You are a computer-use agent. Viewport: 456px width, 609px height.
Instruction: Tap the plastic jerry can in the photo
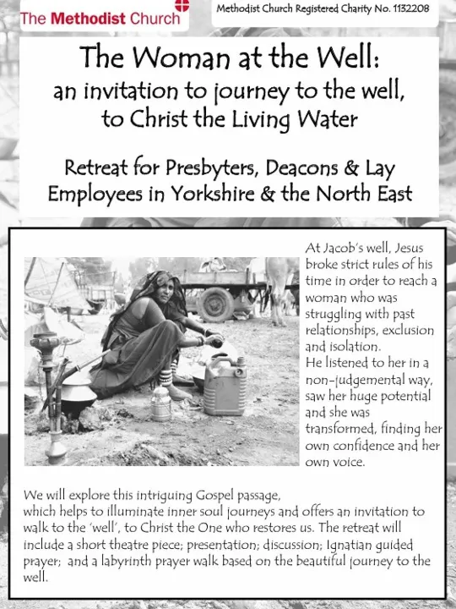(x=225, y=385)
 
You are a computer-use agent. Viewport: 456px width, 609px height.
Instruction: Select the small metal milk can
(x=160, y=403)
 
